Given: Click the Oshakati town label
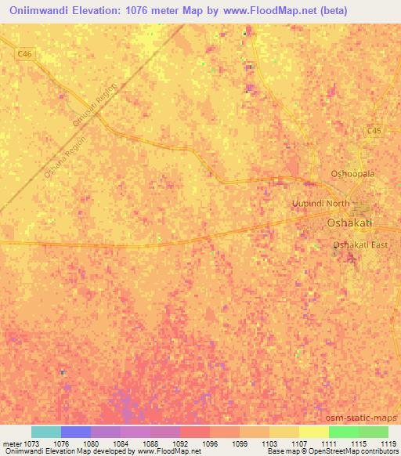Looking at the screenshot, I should tap(349, 223).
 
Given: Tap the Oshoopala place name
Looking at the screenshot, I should tap(353, 174).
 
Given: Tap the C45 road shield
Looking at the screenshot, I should tap(376, 132).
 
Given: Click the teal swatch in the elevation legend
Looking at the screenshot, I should tap(46, 432).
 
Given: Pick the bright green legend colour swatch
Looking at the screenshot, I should tap(343, 432).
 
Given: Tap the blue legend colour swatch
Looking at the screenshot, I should tap(76, 432).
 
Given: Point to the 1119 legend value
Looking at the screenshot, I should tap(388, 443).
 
